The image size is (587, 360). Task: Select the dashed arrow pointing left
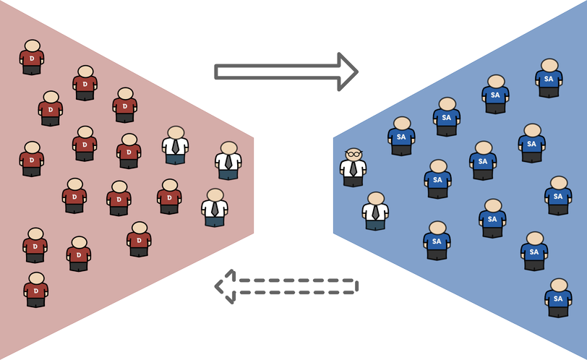coord(289,286)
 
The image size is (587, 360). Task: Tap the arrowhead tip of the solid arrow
coord(357,72)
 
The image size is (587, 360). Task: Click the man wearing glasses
coord(353,168)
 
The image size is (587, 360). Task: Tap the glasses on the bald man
coord(353,154)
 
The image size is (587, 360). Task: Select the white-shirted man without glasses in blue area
coord(375,211)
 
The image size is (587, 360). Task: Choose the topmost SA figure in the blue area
coord(549,77)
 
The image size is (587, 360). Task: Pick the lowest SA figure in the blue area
coord(558,297)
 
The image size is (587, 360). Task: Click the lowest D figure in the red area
coord(35,290)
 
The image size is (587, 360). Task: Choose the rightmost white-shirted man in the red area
coord(228,160)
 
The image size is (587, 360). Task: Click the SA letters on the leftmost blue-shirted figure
coord(401,137)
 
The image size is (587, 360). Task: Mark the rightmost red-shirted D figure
coord(169,197)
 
